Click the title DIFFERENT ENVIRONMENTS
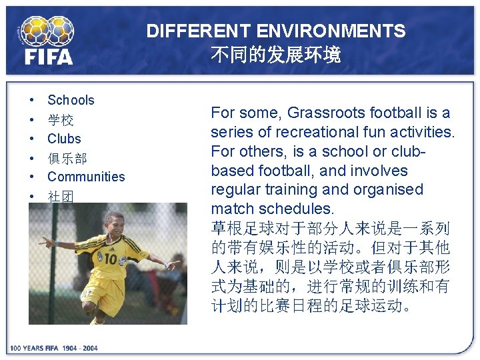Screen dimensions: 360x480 (x=275, y=31)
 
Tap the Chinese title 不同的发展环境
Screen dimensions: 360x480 (x=275, y=55)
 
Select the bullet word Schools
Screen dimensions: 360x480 (x=71, y=101)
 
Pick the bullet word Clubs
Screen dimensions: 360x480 (x=64, y=139)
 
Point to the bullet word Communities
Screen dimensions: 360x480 (x=86, y=177)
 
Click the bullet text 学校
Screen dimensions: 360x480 (x=60, y=120)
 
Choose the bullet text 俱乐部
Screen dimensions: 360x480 (x=67, y=158)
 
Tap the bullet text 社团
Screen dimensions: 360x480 (x=60, y=196)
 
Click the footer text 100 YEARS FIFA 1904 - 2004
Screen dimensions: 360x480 (x=53, y=348)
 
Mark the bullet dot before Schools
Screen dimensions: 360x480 (x=32, y=101)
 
